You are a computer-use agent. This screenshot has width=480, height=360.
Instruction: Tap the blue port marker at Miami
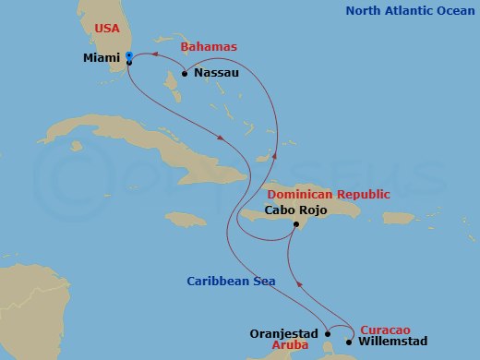[129, 57]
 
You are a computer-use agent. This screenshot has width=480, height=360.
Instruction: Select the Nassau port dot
[185, 74]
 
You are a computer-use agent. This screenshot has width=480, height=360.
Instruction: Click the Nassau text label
[216, 73]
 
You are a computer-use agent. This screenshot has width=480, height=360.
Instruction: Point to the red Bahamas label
[209, 46]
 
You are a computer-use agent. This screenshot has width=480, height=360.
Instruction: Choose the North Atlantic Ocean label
[412, 11]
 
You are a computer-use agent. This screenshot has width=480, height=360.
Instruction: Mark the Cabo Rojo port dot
[294, 224]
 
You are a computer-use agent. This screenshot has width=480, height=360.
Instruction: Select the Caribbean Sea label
[230, 282]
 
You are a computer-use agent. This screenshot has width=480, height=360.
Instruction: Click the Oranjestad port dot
[328, 334]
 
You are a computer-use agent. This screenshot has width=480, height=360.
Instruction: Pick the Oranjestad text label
[283, 333]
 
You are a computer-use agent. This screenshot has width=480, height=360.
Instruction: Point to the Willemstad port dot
[348, 342]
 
